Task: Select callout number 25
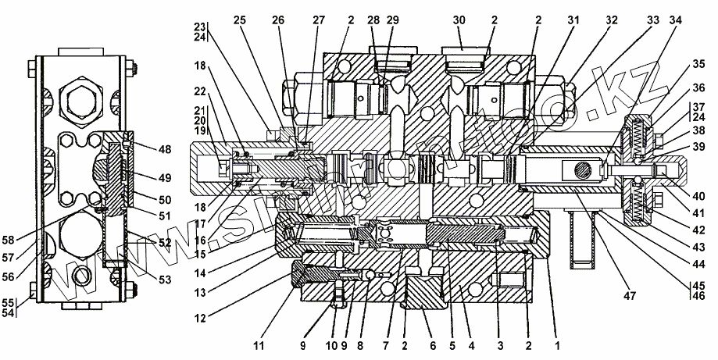[x=239, y=20]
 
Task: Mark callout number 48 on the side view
[x=165, y=148]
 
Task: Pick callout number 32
[x=612, y=20]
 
